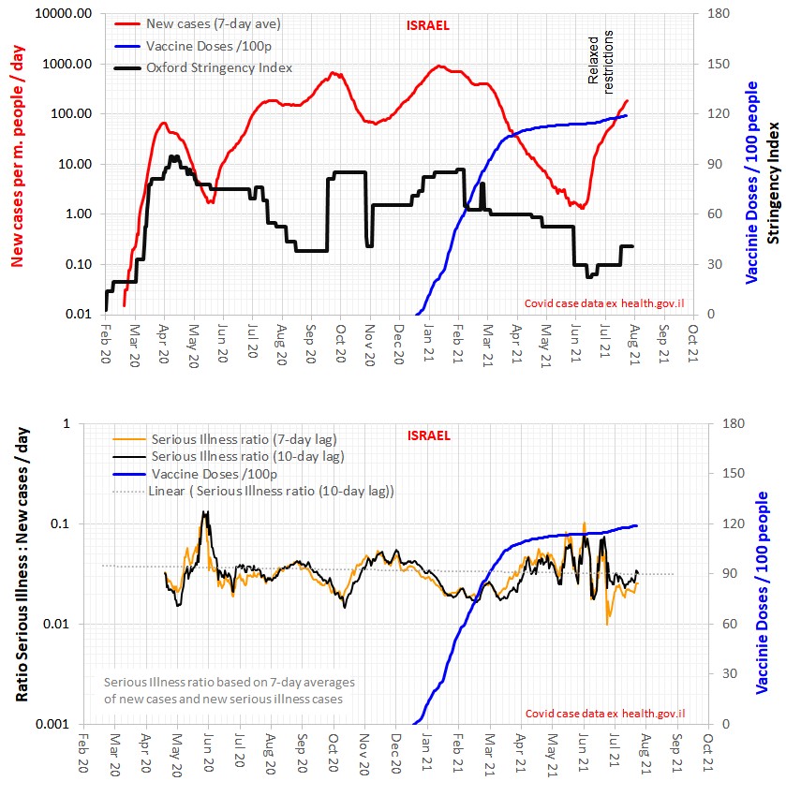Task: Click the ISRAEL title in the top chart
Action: coord(429,26)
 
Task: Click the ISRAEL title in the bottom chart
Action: coord(429,435)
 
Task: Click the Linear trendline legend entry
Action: coord(271,491)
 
